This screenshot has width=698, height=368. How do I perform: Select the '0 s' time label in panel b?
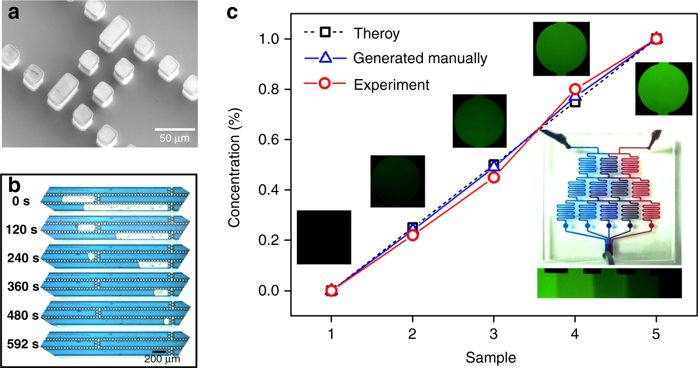pyautogui.click(x=22, y=201)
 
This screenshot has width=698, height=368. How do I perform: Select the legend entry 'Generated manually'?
pyautogui.click(x=420, y=59)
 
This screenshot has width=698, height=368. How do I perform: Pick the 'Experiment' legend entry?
pyautogui.click(x=391, y=84)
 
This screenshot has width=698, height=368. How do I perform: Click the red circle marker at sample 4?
pyautogui.click(x=575, y=89)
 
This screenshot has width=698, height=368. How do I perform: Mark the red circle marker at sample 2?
pyautogui.click(x=413, y=235)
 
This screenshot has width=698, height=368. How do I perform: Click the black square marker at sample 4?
pyautogui.click(x=575, y=102)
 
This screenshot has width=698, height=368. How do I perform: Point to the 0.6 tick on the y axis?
pyautogui.click(x=274, y=140)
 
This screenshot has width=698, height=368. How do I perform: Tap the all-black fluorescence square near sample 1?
pyautogui.click(x=324, y=237)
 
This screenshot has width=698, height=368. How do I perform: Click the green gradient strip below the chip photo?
pyautogui.click(x=609, y=283)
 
